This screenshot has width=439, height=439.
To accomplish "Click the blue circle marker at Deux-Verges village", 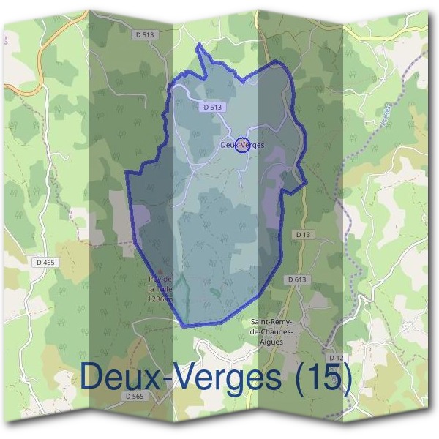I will (244, 144).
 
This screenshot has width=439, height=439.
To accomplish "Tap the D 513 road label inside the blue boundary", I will (210, 107).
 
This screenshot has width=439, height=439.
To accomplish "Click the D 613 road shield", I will (297, 279).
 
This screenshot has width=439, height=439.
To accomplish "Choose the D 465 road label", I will (43, 262).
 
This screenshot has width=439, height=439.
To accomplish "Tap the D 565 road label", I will (135, 396).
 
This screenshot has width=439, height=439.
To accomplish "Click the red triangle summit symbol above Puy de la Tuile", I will (160, 271).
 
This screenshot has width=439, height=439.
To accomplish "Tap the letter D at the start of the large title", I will (91, 378).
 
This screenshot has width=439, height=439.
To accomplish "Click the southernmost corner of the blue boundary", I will (183, 324).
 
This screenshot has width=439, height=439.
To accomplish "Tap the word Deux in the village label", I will (228, 145).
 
